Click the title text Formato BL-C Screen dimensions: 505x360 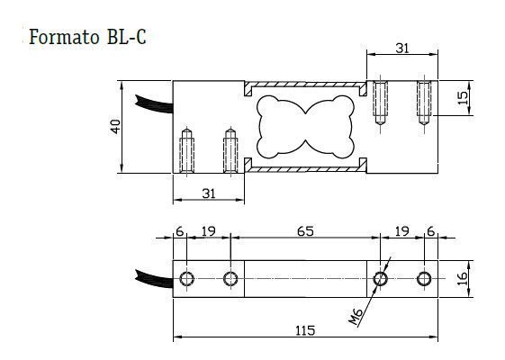coord(87,37)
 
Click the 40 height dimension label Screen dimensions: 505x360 coord(115,127)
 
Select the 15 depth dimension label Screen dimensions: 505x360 coord(463,98)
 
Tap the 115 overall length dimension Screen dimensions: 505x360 coord(305,330)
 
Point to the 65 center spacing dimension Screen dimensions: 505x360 coord(305,231)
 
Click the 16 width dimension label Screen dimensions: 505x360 coord(463,278)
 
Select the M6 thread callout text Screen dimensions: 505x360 coord(356,317)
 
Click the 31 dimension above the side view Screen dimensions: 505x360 coord(402,49)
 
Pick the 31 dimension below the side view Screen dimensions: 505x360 coord(209,193)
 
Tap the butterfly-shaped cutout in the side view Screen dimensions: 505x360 coord(305,127)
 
